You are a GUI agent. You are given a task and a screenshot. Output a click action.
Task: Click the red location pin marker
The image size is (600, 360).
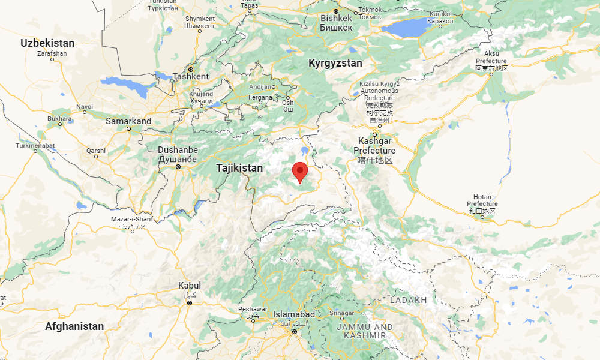click(x=300, y=172)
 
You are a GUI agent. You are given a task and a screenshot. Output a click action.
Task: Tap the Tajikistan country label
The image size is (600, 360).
click(x=239, y=168)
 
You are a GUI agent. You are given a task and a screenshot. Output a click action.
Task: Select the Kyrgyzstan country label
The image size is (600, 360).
click(x=335, y=63)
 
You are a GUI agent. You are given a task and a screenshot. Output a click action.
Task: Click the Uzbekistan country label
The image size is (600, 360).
click(x=47, y=43)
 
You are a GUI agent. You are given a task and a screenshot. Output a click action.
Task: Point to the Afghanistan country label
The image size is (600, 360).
click(x=74, y=326)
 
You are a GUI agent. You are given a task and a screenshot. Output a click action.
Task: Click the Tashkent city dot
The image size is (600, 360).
click(x=191, y=68)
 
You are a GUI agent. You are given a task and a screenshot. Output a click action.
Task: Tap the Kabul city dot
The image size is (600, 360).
click(x=190, y=303)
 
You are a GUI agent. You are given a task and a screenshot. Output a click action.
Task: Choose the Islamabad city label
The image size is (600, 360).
click(x=294, y=314)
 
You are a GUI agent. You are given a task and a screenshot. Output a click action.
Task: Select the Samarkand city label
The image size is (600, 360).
click(x=128, y=121)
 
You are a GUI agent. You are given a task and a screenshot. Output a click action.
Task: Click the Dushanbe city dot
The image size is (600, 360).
click(x=178, y=167)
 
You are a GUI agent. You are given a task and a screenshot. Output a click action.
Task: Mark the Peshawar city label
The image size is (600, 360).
click(x=251, y=309)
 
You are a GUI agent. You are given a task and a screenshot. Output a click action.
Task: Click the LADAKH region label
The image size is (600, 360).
click(x=408, y=299)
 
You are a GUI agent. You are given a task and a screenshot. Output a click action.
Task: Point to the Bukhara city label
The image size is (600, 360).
click(x=59, y=119)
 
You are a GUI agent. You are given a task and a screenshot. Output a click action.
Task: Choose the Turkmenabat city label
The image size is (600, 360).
click(x=34, y=145)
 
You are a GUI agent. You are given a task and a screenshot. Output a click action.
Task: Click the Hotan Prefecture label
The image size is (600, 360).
click(x=482, y=204)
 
